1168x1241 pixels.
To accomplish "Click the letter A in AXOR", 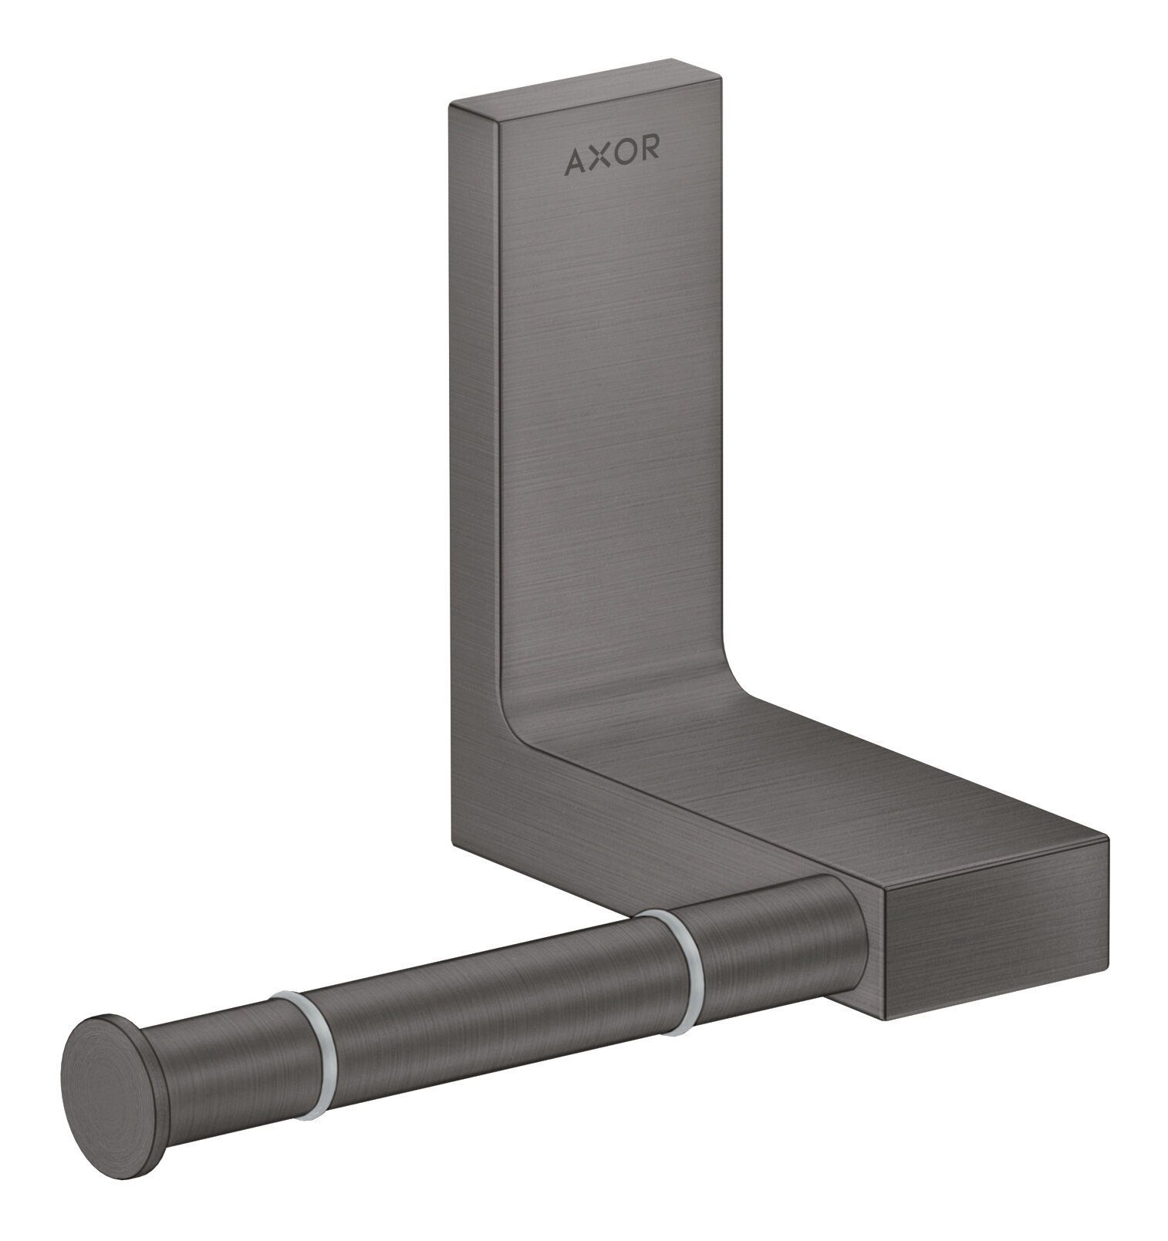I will click(x=576, y=160).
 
